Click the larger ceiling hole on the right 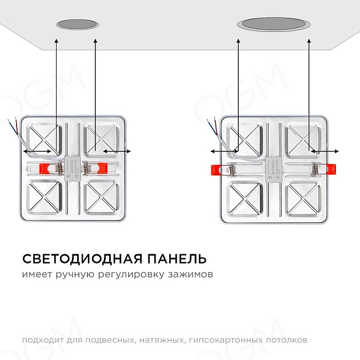[274, 25]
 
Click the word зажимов [191, 275]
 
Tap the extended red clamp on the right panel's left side [218, 169]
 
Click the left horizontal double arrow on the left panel [38, 151]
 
